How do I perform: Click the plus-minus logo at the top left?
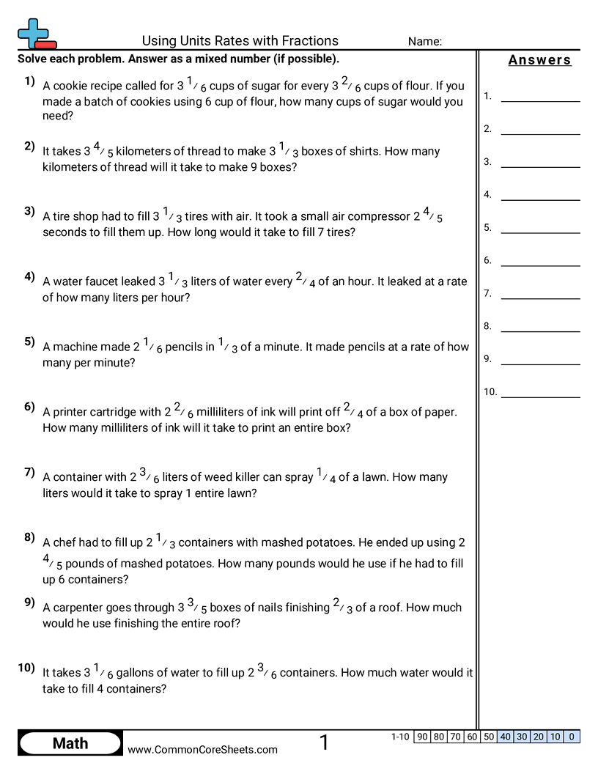(35, 33)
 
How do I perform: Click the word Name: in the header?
(424, 42)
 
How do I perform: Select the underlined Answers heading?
(539, 60)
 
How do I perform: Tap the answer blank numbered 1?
(540, 96)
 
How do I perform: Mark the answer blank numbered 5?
(540, 228)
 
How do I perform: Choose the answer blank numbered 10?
(540, 392)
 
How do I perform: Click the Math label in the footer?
(70, 743)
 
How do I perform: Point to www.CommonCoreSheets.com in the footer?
(203, 749)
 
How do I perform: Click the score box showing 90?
(422, 737)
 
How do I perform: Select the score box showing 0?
(572, 737)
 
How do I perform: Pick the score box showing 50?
(489, 737)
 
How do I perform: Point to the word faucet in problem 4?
(103, 281)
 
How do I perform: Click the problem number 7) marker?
(29, 472)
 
